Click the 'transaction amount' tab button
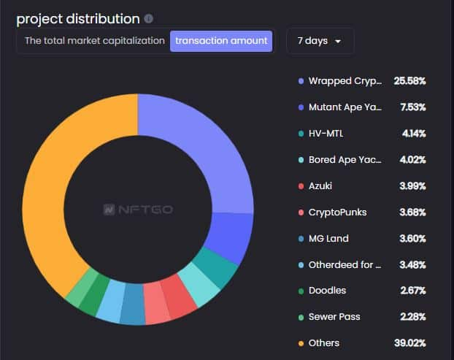221,41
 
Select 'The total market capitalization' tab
95,41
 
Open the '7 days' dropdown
320,41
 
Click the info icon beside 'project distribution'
149,18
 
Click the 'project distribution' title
77,18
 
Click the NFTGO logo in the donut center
137,209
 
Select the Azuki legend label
320,185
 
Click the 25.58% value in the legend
409,80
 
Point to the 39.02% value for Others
409,342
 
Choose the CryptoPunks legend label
337,212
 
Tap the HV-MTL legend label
326,133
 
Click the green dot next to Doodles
301,291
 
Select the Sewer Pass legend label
334,316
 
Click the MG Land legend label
328,238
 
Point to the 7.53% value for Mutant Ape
412,107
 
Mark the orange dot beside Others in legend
301,343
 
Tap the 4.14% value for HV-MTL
412,133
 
